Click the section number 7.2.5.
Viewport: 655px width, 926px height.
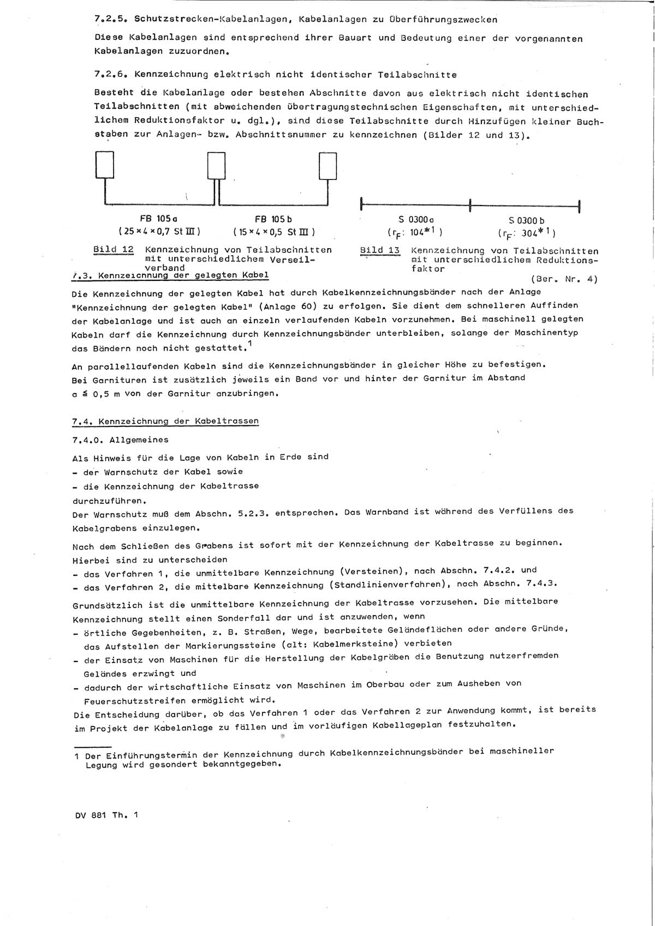[111, 20]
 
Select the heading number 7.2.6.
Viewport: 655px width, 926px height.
[111, 75]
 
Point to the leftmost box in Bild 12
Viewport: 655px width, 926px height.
[104, 164]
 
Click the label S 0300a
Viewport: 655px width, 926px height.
[416, 220]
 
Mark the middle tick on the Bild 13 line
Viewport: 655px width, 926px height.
[470, 206]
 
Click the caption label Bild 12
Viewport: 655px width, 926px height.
[113, 250]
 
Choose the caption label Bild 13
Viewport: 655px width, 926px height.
[380, 251]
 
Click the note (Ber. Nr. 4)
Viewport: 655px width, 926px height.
[564, 279]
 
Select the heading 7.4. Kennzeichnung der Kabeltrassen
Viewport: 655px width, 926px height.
[165, 421]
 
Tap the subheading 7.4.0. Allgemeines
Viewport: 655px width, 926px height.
[120, 440]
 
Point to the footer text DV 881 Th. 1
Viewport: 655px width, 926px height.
[107, 815]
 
